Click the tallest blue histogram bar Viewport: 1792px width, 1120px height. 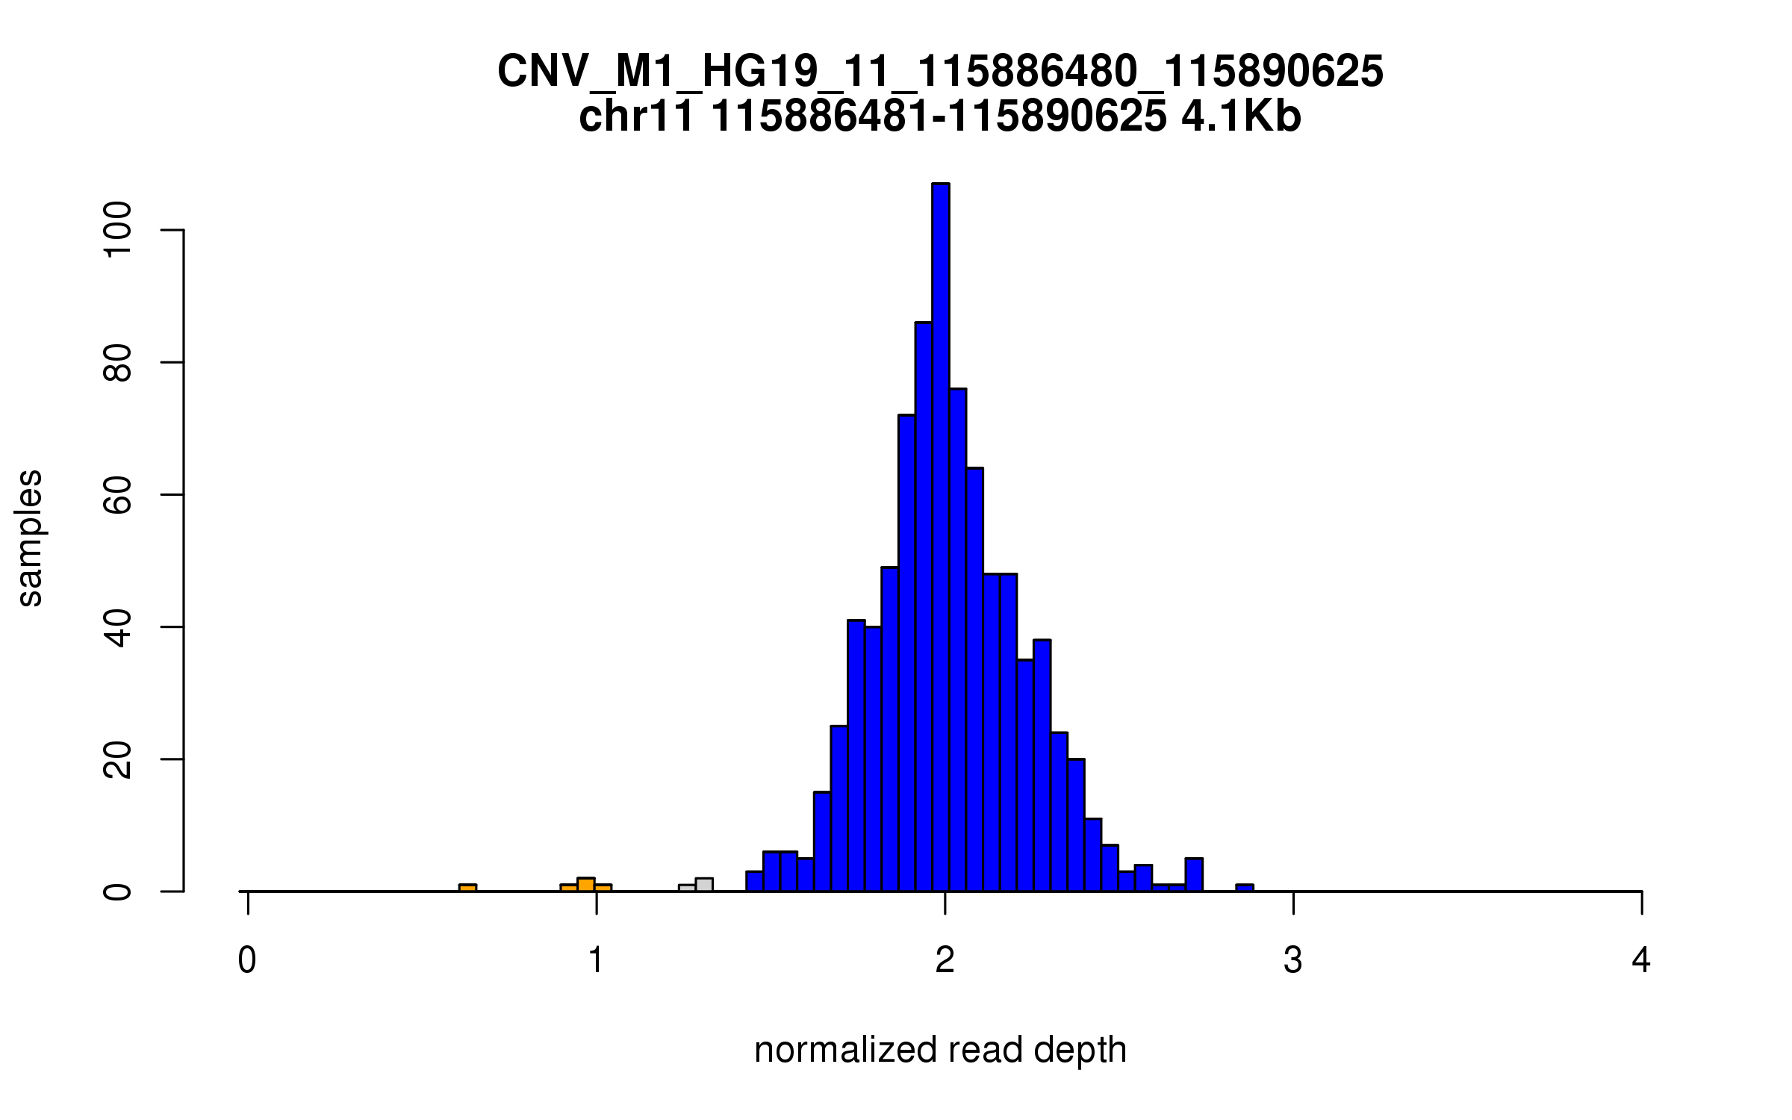pyautogui.click(x=940, y=538)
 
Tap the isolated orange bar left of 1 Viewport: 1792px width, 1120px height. pyautogui.click(x=467, y=888)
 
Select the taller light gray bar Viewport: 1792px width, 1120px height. pyautogui.click(x=704, y=885)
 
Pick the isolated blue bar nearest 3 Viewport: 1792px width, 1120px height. pyautogui.click(x=1245, y=888)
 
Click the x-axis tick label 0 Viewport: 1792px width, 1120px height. pyautogui.click(x=247, y=960)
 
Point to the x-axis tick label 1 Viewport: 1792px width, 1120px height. pyautogui.click(x=596, y=960)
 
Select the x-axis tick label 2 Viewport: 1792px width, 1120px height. pyautogui.click(x=945, y=960)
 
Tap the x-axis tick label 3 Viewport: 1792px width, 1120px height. pyautogui.click(x=1293, y=960)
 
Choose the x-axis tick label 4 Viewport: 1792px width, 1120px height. pyautogui.click(x=1641, y=960)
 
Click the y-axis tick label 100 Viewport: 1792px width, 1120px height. pyautogui.click(x=118, y=230)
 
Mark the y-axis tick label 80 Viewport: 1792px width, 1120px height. pyautogui.click(x=118, y=362)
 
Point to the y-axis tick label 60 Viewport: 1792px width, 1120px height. pyautogui.click(x=118, y=494)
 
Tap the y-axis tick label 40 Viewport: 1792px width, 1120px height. pyautogui.click(x=118, y=627)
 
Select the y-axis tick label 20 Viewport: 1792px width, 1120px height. pyautogui.click(x=118, y=759)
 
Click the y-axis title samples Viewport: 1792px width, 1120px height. pyautogui.click(x=30, y=538)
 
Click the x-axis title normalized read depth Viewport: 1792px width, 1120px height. pyautogui.click(x=940, y=1050)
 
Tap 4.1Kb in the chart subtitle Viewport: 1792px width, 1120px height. pyautogui.click(x=1241, y=117)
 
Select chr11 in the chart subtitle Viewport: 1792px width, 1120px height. pyautogui.click(x=636, y=117)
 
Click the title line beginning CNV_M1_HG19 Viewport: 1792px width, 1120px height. pyautogui.click(x=940, y=72)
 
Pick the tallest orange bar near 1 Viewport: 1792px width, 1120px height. pyautogui.click(x=586, y=885)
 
